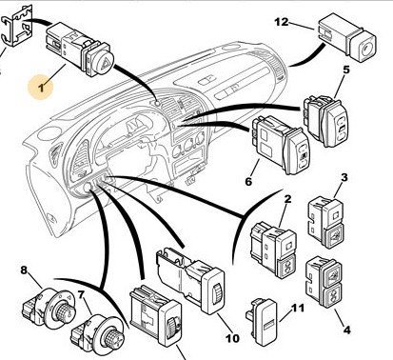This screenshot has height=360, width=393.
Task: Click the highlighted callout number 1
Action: pos(41,87)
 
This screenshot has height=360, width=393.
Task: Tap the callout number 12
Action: pos(282,22)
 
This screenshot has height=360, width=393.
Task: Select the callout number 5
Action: pos(346,70)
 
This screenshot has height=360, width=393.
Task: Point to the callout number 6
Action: pos(248,182)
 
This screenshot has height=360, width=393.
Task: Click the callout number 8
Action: pos(24,270)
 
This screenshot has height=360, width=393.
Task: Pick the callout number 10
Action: pos(232,338)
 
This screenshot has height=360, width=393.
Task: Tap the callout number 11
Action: pos(297,309)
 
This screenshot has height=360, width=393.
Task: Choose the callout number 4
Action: pos(347,330)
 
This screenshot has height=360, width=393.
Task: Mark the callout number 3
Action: pos(344,177)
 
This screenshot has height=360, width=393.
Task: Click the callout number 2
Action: pos(287,199)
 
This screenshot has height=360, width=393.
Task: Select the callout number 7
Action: pos(81,295)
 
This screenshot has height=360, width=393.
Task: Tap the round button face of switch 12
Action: pos(366,49)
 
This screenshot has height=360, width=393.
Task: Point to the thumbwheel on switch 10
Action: pos(217,292)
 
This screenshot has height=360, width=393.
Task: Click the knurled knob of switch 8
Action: pos(65,309)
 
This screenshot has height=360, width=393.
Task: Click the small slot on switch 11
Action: pos(269,325)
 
